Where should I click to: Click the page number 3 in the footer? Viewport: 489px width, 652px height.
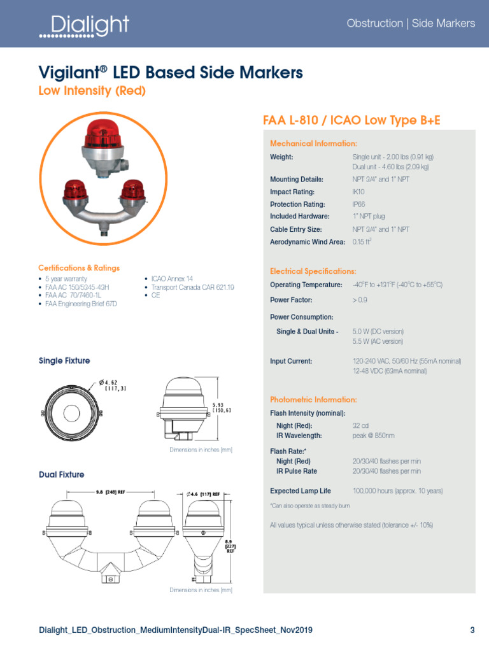[472, 630]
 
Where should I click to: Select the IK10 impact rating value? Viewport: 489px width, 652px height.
[359, 192]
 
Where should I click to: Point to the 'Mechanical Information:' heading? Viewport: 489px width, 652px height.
[313, 143]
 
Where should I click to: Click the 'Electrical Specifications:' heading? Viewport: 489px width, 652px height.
[313, 271]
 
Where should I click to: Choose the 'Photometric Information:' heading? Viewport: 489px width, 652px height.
[313, 400]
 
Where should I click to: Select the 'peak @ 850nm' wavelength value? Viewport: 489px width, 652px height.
[374, 436]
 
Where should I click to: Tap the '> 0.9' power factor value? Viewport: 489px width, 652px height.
[360, 299]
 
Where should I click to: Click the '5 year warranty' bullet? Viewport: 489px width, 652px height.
[67, 279]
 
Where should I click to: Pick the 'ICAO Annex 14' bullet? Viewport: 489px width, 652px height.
[172, 279]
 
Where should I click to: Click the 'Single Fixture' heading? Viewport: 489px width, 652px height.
[64, 361]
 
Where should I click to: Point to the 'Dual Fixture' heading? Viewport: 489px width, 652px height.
[61, 474]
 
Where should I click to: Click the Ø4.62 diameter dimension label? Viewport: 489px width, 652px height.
[114, 385]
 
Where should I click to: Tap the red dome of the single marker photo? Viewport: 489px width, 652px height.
[105, 136]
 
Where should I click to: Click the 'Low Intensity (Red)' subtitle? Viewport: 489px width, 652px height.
[92, 91]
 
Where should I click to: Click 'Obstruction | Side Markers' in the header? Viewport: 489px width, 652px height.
[411, 24]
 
